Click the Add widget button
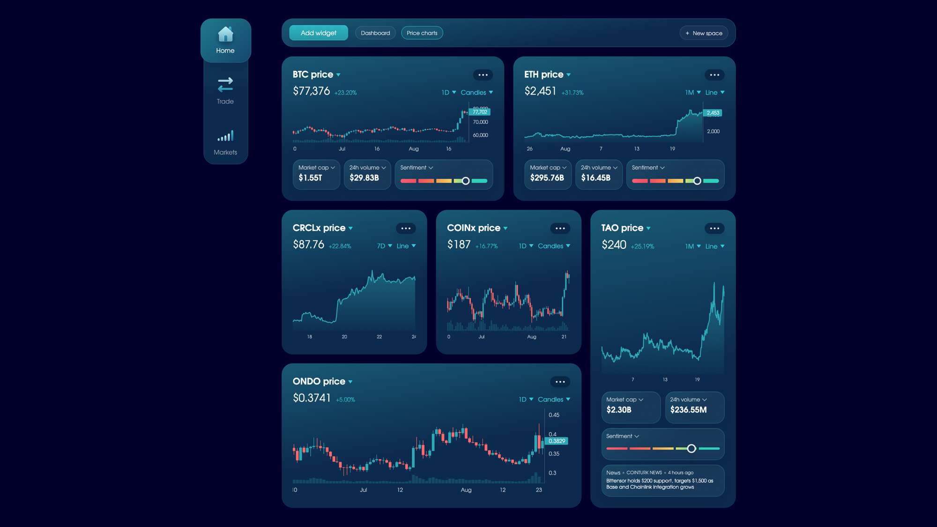pyautogui.click(x=319, y=33)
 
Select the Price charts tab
pyautogui.click(x=422, y=33)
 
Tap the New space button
pyautogui.click(x=704, y=33)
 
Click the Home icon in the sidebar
pyautogui.click(x=225, y=34)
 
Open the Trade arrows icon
pyautogui.click(x=225, y=84)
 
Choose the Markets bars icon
pyautogui.click(x=225, y=136)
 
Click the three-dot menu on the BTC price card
pyautogui.click(x=483, y=75)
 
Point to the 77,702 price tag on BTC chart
pyautogui.click(x=480, y=112)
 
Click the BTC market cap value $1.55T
pyautogui.click(x=310, y=178)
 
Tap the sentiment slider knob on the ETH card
pyautogui.click(x=697, y=181)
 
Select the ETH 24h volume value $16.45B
pyautogui.click(x=595, y=178)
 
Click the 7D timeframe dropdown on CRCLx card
pyautogui.click(x=385, y=246)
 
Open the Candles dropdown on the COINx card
pyautogui.click(x=554, y=246)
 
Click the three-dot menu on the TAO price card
pyautogui.click(x=714, y=229)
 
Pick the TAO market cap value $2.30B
pyautogui.click(x=619, y=410)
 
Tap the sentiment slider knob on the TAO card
pyautogui.click(x=692, y=449)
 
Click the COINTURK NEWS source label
pyautogui.click(x=644, y=473)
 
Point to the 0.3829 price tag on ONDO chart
pyautogui.click(x=557, y=441)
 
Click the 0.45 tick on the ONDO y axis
pyautogui.click(x=554, y=415)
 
